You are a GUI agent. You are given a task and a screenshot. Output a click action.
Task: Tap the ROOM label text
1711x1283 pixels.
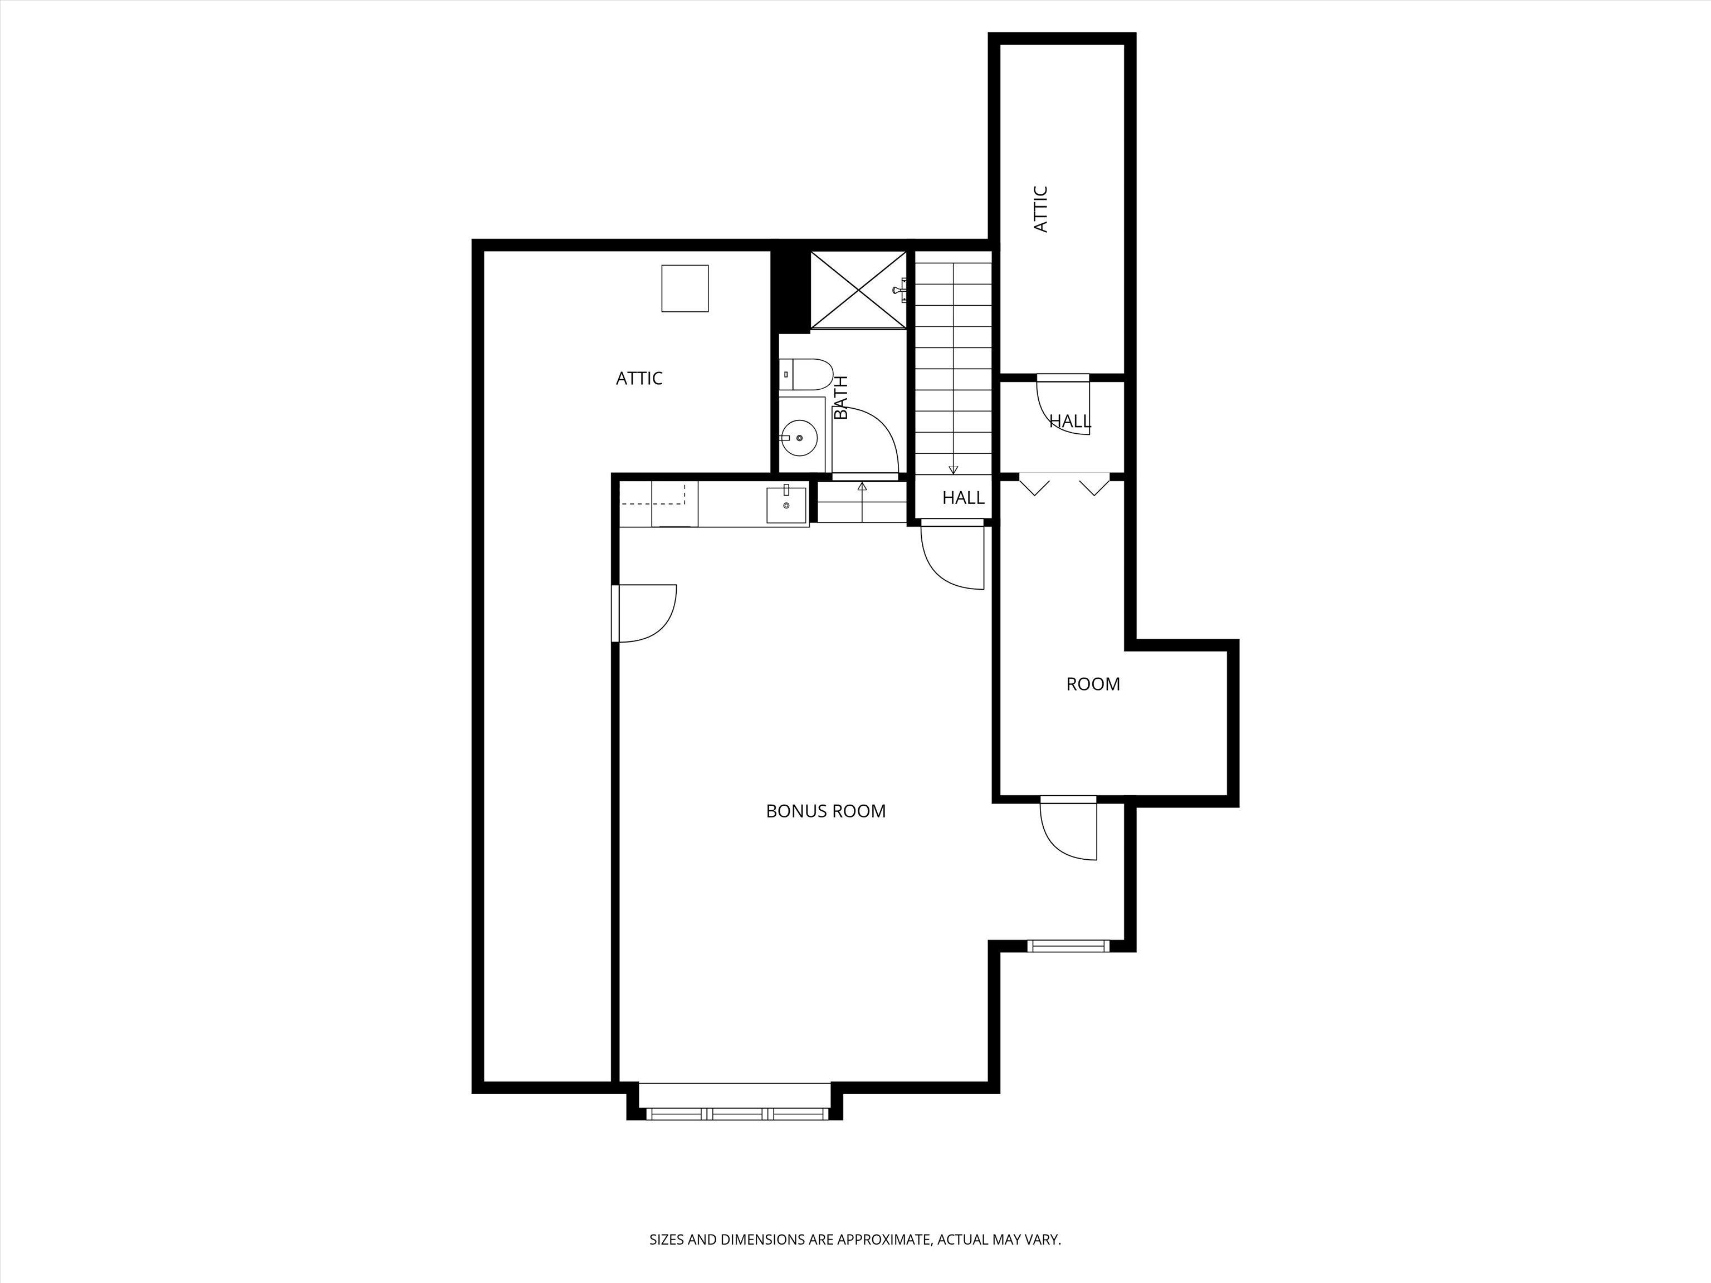1092,684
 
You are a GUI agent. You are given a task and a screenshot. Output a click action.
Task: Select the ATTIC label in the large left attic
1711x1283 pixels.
639,378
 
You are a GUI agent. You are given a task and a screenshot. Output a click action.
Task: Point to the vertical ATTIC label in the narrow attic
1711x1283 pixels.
1040,209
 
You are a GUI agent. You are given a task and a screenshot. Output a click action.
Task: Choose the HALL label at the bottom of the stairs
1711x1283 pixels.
963,498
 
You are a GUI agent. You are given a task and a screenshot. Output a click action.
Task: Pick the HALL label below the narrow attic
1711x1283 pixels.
1070,422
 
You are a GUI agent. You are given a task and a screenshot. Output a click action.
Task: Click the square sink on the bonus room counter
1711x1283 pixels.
786,505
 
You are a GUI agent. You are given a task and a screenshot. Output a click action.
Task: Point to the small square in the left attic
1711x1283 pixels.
685,288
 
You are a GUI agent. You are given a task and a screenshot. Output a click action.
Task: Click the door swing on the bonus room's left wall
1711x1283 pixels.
646,613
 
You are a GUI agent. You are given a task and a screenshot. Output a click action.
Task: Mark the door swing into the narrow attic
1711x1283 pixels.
1064,405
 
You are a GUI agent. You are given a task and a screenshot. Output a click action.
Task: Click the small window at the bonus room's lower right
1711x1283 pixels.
1068,946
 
